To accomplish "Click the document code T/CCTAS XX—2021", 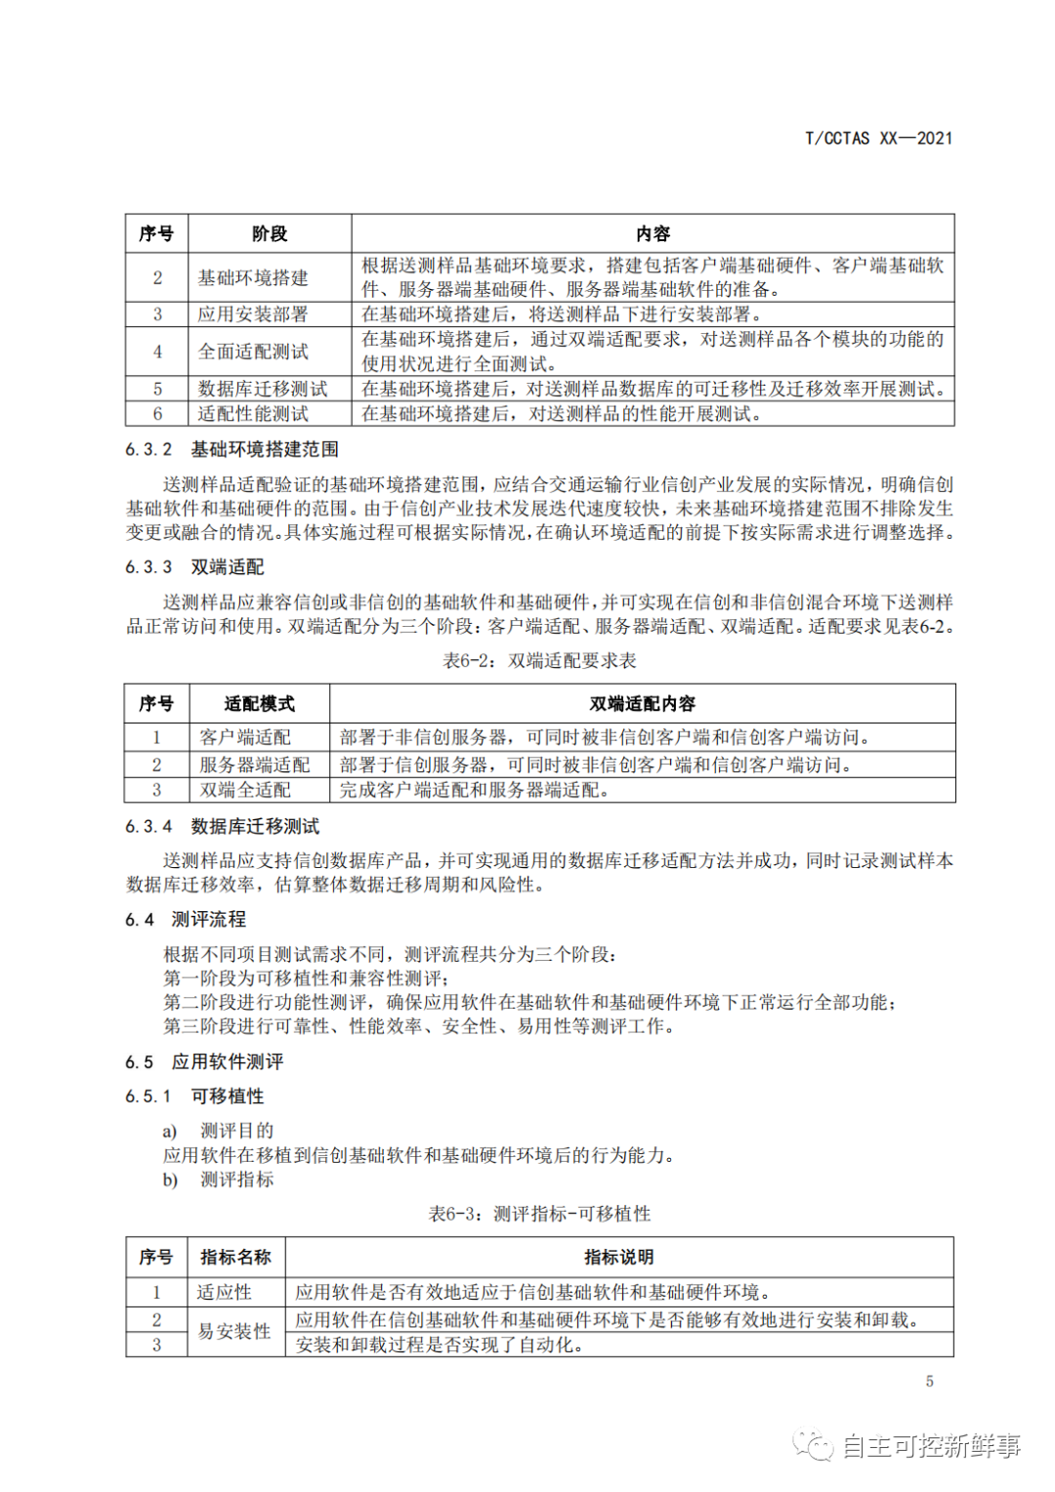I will pyautogui.click(x=878, y=139).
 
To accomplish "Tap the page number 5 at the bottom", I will pyautogui.click(x=929, y=1381).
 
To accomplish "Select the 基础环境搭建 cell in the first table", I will pyautogui.click(x=253, y=278).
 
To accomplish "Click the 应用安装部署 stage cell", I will pyautogui.click(x=253, y=314).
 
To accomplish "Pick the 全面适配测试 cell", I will pyautogui.click(x=253, y=352).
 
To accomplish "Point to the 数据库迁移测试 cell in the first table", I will pyautogui.click(x=262, y=389).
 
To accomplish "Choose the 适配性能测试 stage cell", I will pyautogui.click(x=253, y=414).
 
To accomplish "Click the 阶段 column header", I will pyautogui.click(x=270, y=234).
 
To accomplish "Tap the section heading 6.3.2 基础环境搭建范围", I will pyautogui.click(x=232, y=449).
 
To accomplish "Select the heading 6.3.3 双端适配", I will pyautogui.click(x=194, y=567).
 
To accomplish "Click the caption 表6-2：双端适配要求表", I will pyautogui.click(x=539, y=661).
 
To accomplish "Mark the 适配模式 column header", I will pyautogui.click(x=259, y=704).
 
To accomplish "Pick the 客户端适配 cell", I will pyautogui.click(x=245, y=737).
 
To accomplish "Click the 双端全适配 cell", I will pyautogui.click(x=245, y=790).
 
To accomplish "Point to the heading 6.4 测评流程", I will pyautogui.click(x=186, y=920).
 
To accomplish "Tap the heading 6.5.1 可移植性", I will pyautogui.click(x=194, y=1097).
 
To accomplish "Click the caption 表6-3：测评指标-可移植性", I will pyautogui.click(x=539, y=1214).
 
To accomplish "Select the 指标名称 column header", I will pyautogui.click(x=235, y=1258).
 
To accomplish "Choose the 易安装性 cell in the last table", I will pyautogui.click(x=234, y=1332).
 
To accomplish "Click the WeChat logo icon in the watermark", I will pyautogui.click(x=813, y=1445).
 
